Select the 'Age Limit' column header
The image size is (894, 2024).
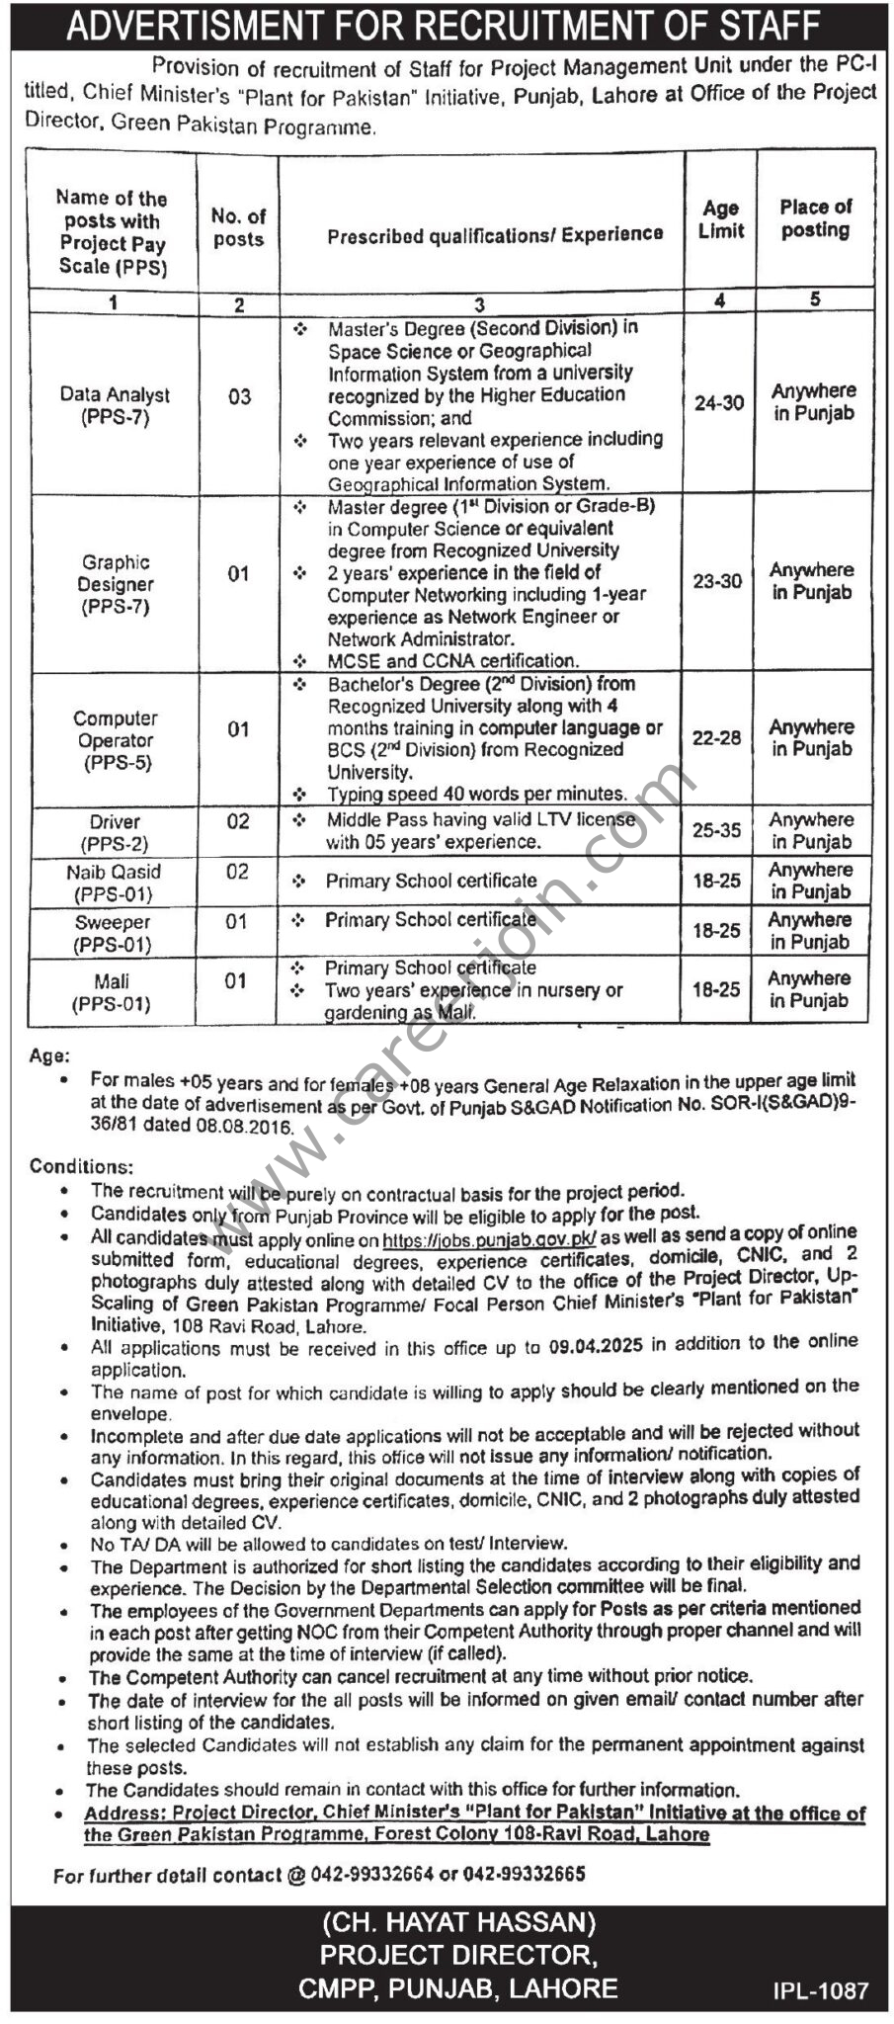tap(720, 219)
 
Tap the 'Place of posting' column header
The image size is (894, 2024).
tap(815, 218)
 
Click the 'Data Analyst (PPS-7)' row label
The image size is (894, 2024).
tap(115, 405)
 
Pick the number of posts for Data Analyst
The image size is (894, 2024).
tap(239, 396)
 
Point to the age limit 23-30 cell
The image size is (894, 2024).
tap(717, 581)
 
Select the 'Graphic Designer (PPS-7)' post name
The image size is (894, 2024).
tap(116, 584)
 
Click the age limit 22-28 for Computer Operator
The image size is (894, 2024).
tap(716, 737)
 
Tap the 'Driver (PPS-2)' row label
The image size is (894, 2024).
tap(115, 832)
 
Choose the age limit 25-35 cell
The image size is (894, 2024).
tap(716, 830)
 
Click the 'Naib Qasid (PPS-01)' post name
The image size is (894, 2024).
tap(114, 883)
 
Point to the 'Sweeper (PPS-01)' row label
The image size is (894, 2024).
tap(114, 933)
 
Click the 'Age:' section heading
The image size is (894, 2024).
tap(49, 1055)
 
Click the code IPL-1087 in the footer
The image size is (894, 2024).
tap(822, 1990)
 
